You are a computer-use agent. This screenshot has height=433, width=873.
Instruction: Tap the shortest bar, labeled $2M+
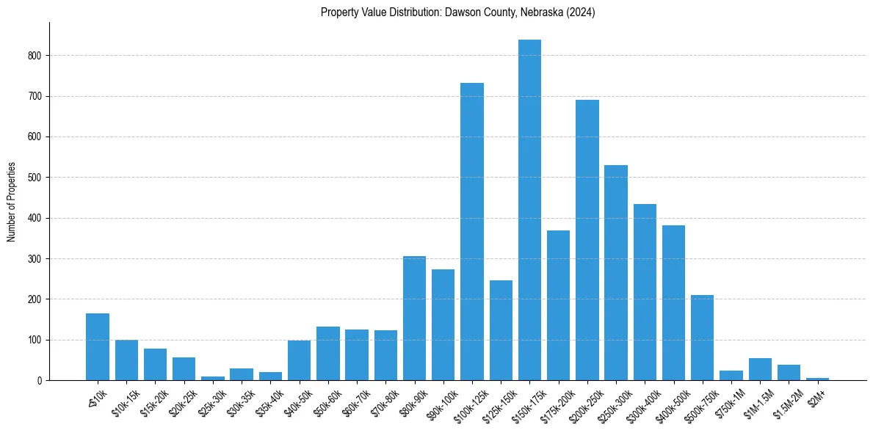point(818,379)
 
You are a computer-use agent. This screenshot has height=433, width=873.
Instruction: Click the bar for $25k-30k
point(213,378)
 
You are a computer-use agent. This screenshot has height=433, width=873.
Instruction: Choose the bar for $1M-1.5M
point(760,369)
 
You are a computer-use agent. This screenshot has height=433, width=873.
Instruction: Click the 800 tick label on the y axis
point(35,56)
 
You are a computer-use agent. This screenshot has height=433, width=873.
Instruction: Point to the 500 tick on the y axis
point(35,178)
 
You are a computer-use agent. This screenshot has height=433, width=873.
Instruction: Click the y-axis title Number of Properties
point(11,202)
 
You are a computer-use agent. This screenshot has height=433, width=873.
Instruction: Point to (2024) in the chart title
point(579,12)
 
